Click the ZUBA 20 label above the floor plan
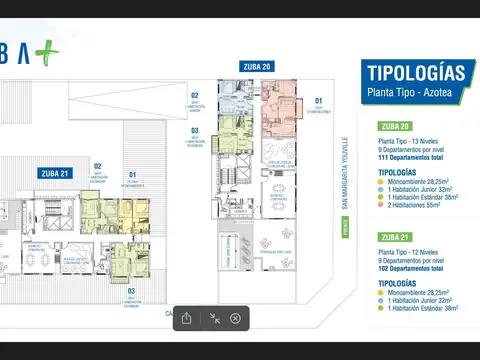point(257,67)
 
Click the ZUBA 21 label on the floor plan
point(55,173)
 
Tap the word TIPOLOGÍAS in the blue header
point(416,73)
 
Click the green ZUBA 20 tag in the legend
point(397,126)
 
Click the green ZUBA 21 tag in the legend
point(397,236)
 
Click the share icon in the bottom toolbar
point(187,318)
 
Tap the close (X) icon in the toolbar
point(235,318)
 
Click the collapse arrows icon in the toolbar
point(212,318)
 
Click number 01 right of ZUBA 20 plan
point(319,101)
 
